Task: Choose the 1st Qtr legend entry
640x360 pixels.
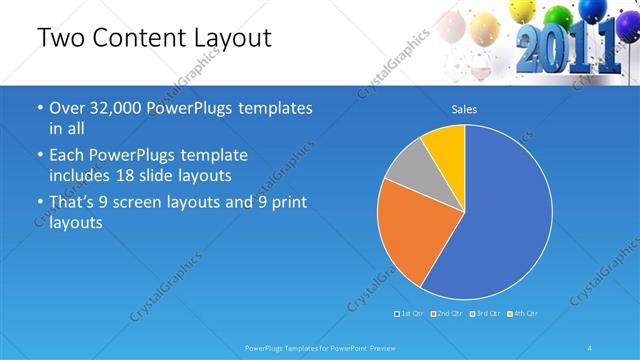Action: click(412, 314)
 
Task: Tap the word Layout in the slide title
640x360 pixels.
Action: click(230, 39)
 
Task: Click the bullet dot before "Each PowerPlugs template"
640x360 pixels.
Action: click(39, 156)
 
